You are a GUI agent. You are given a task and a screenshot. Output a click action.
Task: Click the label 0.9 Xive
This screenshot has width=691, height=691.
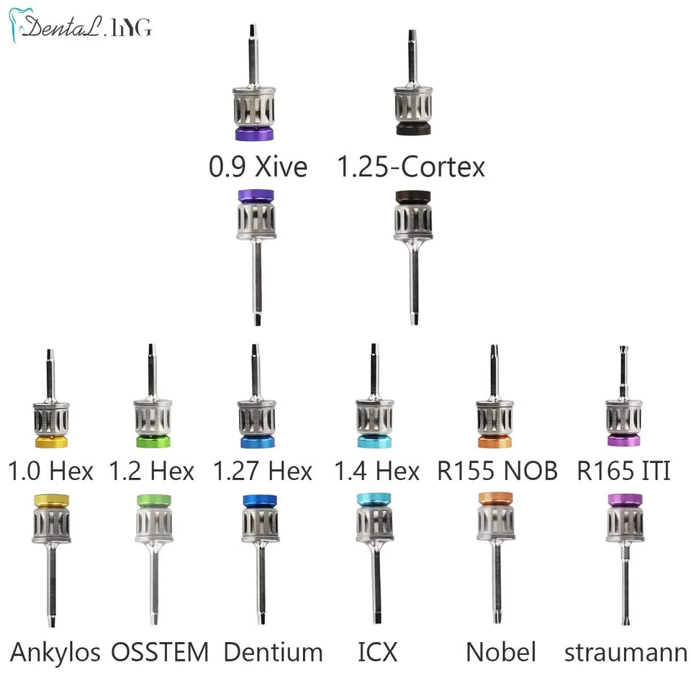[x=258, y=167]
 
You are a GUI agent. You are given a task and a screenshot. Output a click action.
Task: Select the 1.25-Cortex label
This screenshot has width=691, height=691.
[x=411, y=167]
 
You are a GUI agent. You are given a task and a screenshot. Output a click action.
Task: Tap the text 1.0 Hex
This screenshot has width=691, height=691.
[x=50, y=471]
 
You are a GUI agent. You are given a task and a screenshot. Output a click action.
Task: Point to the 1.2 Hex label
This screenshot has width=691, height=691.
[x=151, y=471]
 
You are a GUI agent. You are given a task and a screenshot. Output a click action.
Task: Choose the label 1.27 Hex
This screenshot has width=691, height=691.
[x=263, y=471]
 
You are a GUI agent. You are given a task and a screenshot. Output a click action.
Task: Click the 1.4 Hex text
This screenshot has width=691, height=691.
[x=376, y=471]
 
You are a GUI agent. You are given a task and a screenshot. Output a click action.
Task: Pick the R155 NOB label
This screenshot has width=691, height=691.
[x=497, y=471]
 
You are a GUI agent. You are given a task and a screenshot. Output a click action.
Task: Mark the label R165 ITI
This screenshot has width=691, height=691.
[x=623, y=471]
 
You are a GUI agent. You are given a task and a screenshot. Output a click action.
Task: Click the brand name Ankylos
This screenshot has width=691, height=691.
[x=55, y=652]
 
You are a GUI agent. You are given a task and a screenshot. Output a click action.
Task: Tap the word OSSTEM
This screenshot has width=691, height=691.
[x=160, y=652]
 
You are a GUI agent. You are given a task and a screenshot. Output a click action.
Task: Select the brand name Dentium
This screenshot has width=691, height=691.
[x=273, y=652]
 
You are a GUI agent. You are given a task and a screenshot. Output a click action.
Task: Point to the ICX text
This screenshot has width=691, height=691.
[x=377, y=652]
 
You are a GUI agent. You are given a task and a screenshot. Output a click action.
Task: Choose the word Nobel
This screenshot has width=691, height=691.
[x=501, y=652]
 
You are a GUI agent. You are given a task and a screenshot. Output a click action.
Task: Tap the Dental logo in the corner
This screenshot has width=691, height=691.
[x=80, y=27]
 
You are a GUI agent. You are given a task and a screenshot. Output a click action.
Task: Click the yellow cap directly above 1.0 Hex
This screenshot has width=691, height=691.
[x=51, y=441]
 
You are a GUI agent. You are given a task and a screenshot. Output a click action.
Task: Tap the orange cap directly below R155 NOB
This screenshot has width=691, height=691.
[x=494, y=499]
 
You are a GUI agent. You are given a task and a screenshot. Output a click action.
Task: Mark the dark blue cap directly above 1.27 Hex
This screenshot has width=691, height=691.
[x=256, y=441]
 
